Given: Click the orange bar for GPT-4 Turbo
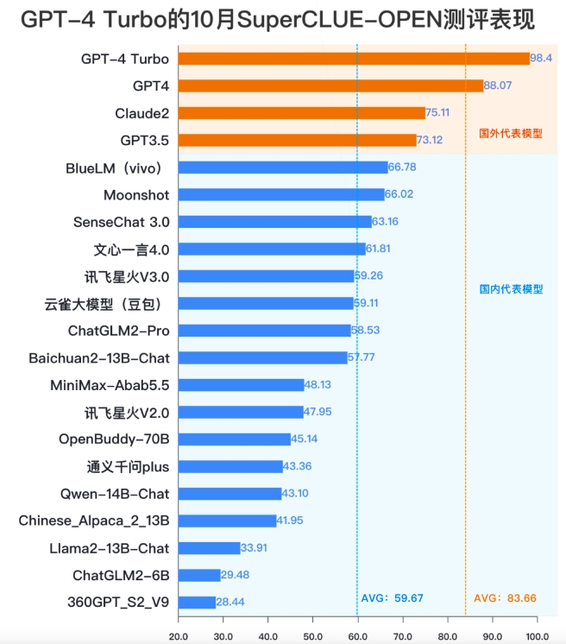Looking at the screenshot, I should coord(354,59).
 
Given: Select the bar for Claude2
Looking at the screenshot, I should coord(301,113).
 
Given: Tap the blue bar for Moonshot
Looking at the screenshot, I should coord(281,194).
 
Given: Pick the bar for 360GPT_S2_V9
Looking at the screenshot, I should coord(197,602).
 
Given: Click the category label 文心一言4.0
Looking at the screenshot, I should coord(131,249).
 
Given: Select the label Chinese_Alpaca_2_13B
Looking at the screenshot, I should coord(94,521).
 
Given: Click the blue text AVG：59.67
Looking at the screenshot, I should coord(392,597).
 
